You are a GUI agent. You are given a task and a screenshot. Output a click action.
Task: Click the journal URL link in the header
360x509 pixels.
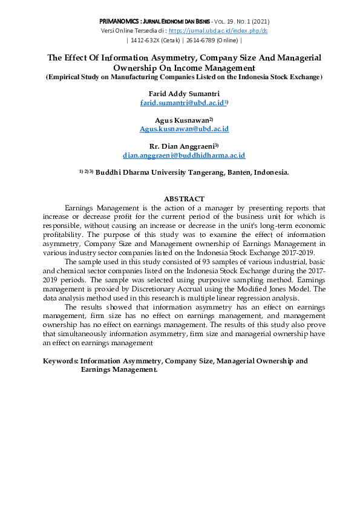[x=218, y=30]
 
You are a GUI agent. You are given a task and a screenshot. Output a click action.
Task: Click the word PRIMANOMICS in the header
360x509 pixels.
[x=118, y=21]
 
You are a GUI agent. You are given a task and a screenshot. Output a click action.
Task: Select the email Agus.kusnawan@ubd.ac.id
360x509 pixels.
[x=184, y=129]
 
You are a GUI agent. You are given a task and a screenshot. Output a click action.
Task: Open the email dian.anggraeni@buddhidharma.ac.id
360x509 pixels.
[x=184, y=155]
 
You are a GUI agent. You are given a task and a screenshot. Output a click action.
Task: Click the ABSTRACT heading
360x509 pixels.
[x=184, y=199]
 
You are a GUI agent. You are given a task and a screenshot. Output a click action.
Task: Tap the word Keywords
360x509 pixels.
[x=61, y=361]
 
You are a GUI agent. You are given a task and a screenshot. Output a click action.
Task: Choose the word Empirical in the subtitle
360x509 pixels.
[x=65, y=77]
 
